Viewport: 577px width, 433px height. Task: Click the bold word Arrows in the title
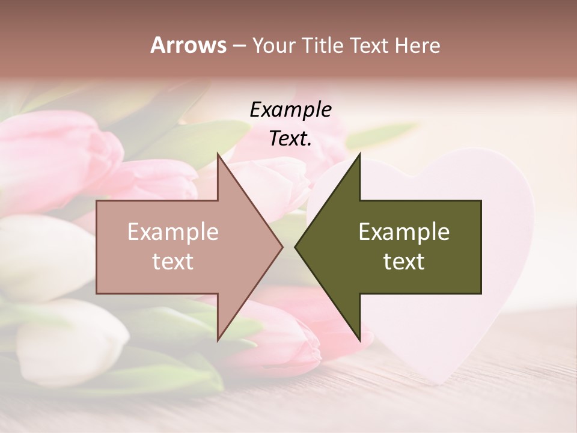point(188,45)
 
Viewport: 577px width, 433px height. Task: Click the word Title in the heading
point(323,45)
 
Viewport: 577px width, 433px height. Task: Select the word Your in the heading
point(273,45)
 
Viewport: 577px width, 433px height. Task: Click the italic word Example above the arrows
point(290,109)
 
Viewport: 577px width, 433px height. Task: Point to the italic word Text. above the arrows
point(290,138)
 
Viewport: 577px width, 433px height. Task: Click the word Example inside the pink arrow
point(173,232)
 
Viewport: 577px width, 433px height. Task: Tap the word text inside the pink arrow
point(173,262)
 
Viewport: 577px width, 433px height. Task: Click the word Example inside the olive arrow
point(404,232)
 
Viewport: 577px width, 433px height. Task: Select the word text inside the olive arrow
point(404,262)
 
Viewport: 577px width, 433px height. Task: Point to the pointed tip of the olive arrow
point(296,247)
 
